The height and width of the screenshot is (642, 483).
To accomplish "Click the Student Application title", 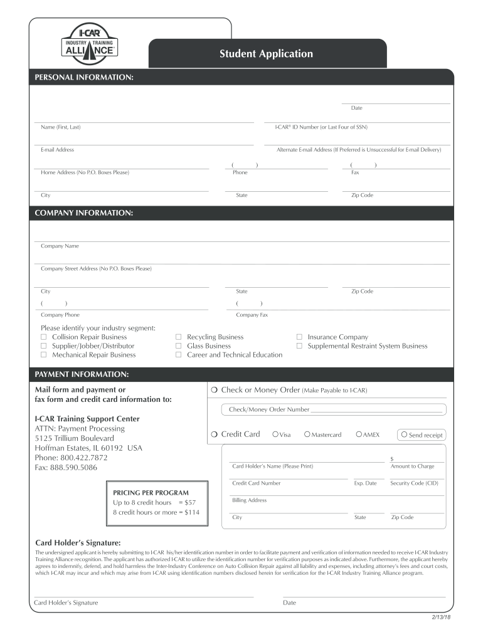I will pos(266,54).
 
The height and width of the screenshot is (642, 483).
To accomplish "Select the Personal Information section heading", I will pos(83,76).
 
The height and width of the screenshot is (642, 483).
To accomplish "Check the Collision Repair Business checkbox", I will pos(44,337).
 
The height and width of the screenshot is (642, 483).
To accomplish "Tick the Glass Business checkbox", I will pos(179,346).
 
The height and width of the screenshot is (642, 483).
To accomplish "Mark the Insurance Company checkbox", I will pos(299,337).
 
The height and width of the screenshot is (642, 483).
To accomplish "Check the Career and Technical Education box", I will pos(179,355).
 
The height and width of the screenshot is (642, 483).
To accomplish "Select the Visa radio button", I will pos(275,434).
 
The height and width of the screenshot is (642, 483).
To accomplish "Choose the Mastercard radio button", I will pos(307,434).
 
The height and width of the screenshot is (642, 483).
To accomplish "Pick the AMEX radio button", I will pos(358,434).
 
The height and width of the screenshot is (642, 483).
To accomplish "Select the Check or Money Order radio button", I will pos(215,391).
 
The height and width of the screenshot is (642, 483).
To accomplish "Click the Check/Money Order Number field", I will pos(376,409).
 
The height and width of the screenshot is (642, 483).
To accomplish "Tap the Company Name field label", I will pos(60,246).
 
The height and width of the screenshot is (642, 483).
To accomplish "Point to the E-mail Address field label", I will pos(57,150).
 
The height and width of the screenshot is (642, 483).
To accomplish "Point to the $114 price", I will pos(191,512).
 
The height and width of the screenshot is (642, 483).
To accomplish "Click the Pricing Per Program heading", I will pos(151,493).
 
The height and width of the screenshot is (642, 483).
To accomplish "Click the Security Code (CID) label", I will pos(414,483).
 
